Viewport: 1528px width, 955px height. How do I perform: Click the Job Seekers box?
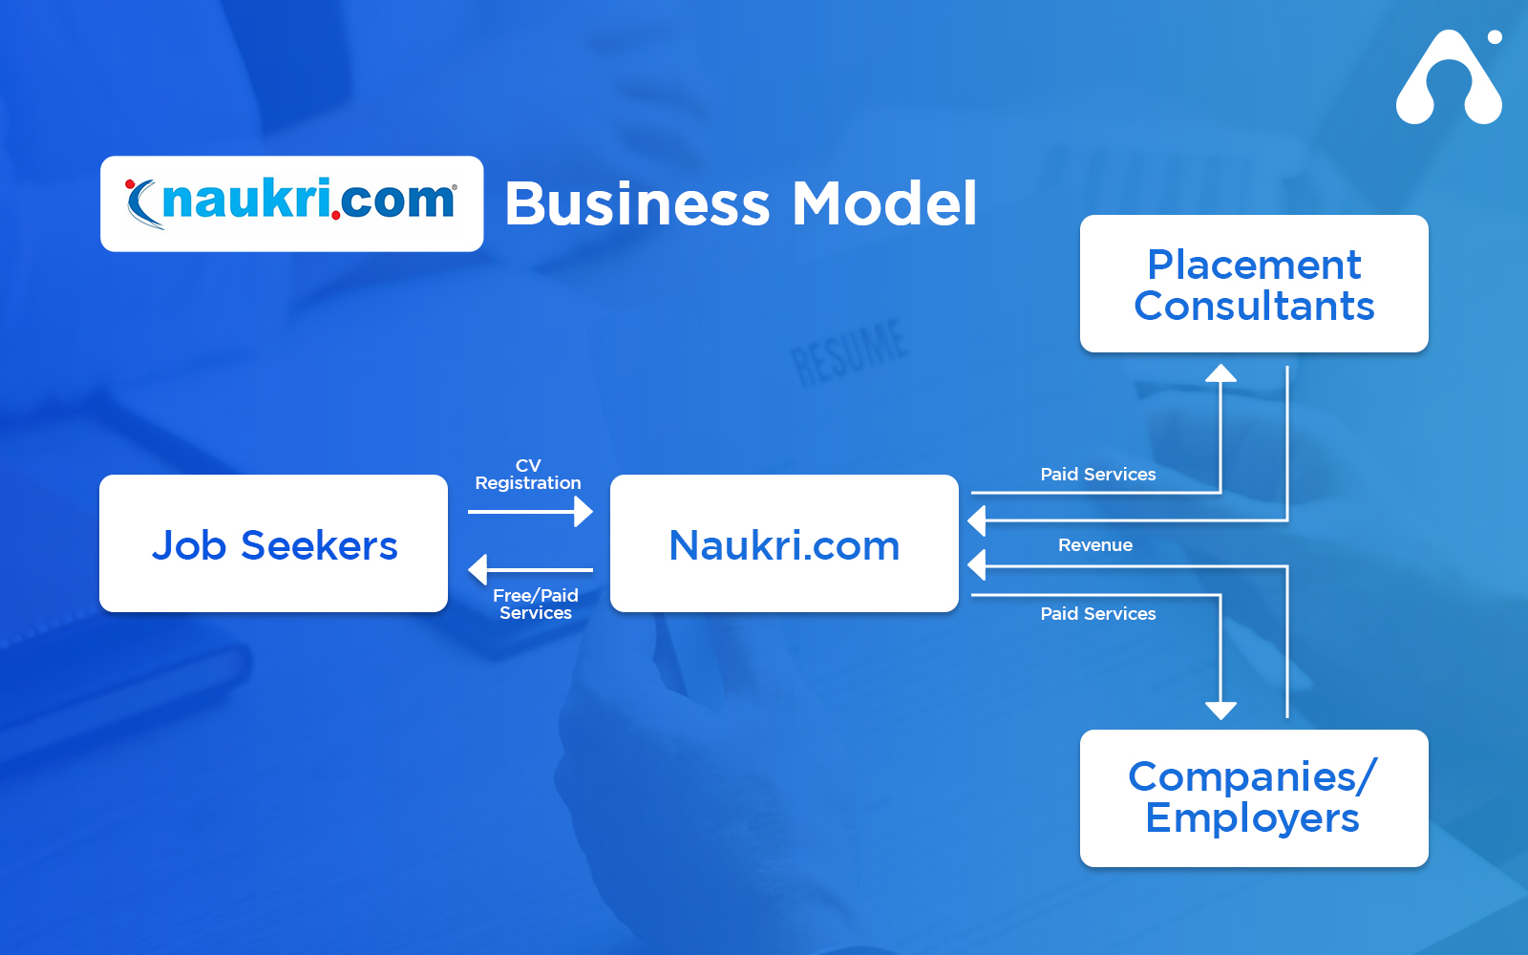273,543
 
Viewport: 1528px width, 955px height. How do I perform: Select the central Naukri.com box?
784,543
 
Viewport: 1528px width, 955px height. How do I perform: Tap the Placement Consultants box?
1254,284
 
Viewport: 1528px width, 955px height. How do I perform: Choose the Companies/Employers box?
1254,798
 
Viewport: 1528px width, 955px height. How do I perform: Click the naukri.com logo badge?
292,203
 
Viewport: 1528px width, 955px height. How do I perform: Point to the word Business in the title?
638,203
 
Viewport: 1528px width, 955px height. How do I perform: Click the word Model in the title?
884,203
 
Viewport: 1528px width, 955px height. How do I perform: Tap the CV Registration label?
528,474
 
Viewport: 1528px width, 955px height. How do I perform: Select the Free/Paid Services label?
536,604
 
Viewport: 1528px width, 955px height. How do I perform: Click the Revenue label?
1094,545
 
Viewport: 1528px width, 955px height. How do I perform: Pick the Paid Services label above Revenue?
1097,474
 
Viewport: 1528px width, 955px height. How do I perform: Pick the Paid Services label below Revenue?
1097,613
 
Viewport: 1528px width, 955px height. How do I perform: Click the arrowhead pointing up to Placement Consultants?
1220,373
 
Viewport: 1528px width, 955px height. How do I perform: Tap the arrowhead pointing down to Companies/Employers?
1220,711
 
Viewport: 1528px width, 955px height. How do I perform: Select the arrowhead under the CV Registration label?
584,512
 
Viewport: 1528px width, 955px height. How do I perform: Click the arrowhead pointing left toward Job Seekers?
477,569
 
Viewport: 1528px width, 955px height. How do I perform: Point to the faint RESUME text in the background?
850,352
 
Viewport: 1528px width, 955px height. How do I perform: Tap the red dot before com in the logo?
335,216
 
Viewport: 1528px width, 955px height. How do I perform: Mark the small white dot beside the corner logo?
1495,37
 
